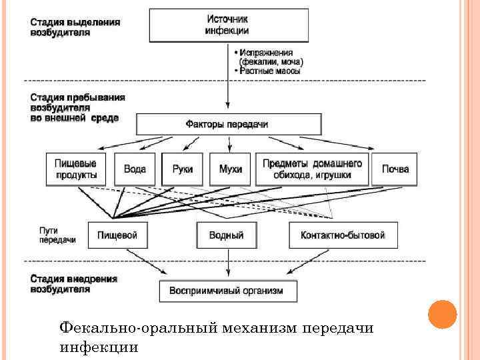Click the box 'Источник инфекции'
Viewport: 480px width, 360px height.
pos(228,26)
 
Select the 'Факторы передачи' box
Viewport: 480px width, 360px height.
pos(228,124)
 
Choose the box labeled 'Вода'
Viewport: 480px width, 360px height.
pos(135,169)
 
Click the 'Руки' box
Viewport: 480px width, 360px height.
pos(182,169)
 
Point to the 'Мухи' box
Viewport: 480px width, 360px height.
pos(230,169)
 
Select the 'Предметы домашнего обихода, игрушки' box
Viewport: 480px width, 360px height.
pos(312,169)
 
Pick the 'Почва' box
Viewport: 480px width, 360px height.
pos(395,169)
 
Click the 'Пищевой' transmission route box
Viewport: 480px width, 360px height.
pos(117,235)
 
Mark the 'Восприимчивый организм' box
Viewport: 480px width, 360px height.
pos(228,291)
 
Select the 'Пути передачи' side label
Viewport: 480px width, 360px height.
pos(57,235)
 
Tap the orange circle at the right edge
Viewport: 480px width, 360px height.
pos(441,314)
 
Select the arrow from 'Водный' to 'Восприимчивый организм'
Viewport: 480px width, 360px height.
pos(228,264)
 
